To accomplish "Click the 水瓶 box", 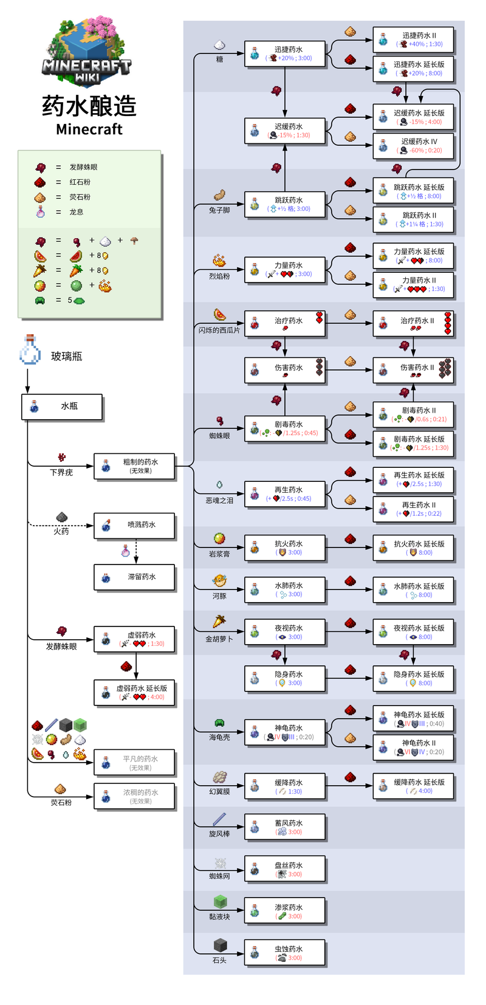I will [62, 406].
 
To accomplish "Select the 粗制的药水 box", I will [134, 467].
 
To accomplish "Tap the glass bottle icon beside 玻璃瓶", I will [30, 351].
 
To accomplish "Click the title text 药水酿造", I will [89, 106].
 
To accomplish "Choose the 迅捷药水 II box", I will [412, 39].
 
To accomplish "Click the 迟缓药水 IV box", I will [412, 146].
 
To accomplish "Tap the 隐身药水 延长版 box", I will [412, 678].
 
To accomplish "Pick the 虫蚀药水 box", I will [284, 953].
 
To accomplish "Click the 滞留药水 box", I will [134, 577].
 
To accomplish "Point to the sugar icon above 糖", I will [219, 46].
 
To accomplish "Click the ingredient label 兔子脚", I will [219, 210].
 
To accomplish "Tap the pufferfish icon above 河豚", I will [219, 581].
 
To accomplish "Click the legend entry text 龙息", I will [77, 212].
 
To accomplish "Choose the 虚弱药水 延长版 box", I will [134, 693].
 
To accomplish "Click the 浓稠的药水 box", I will [134, 797].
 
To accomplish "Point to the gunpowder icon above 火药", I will [61, 517].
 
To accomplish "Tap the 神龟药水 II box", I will [412, 747].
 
